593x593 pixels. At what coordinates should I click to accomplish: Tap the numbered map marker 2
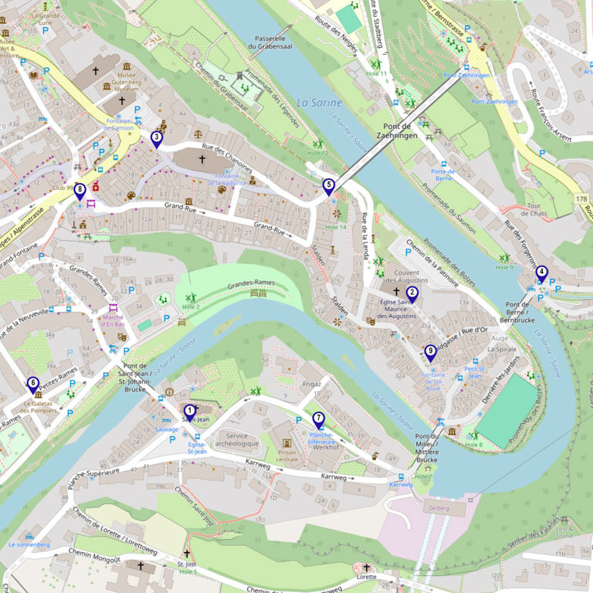point(412,293)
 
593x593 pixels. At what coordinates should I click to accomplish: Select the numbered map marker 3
point(157,138)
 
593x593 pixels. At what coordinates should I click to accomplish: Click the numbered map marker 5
point(328,185)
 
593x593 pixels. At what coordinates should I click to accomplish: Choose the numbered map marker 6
point(32,383)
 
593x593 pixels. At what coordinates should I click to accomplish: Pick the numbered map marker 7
point(319,419)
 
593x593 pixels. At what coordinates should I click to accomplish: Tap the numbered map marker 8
point(80,189)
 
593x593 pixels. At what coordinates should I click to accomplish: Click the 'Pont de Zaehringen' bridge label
point(397,130)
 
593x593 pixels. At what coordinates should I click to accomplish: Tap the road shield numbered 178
point(581,199)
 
